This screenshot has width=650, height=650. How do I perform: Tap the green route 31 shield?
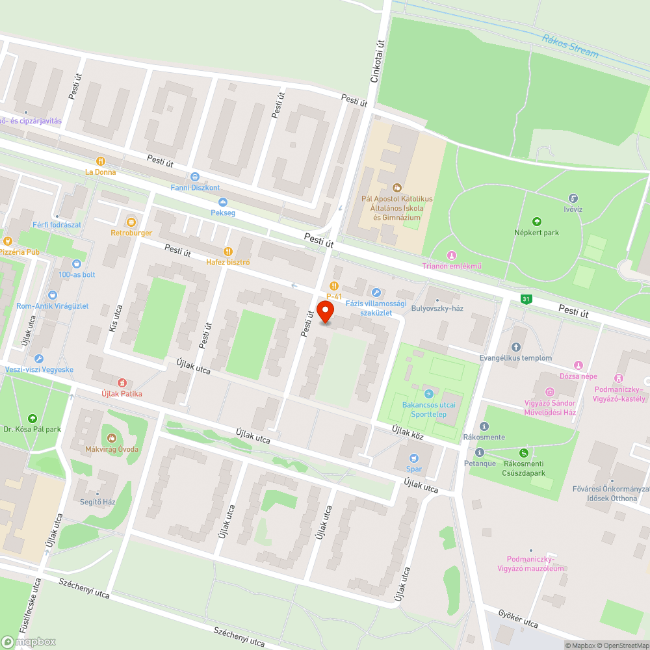point(526,299)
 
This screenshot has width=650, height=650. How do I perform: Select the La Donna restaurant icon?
point(100,161)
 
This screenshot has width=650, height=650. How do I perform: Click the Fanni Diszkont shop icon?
point(194,176)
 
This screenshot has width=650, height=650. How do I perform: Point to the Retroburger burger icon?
point(131,222)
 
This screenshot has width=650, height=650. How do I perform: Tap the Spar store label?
point(414,469)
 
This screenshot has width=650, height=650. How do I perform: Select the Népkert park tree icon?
point(537,221)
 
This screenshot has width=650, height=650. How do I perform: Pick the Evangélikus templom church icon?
point(517,347)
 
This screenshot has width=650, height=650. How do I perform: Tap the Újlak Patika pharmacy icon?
point(122,382)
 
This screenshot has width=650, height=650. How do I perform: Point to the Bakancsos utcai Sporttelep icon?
point(428,393)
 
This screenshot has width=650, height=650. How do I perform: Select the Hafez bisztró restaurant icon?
point(227,252)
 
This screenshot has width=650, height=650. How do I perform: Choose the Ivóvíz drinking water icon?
point(573,198)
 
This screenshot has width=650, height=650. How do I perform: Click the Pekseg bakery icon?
point(223,202)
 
